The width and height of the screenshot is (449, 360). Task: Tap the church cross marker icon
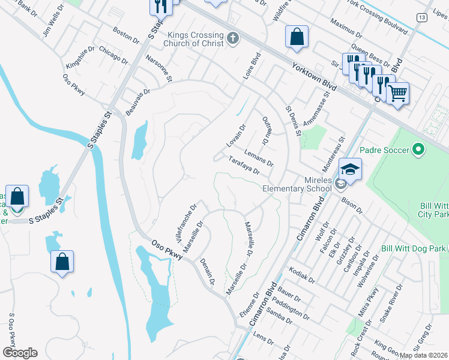pos(233,40)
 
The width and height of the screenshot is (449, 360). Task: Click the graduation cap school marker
pos(350,169)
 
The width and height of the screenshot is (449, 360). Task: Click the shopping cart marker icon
pos(397,94)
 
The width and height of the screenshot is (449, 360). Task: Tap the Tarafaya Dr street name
pos(244,166)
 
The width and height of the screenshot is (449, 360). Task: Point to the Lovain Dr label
pos(236,136)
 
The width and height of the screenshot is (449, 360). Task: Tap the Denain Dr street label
pos(207,268)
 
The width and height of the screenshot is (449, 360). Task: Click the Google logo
pos(19,352)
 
